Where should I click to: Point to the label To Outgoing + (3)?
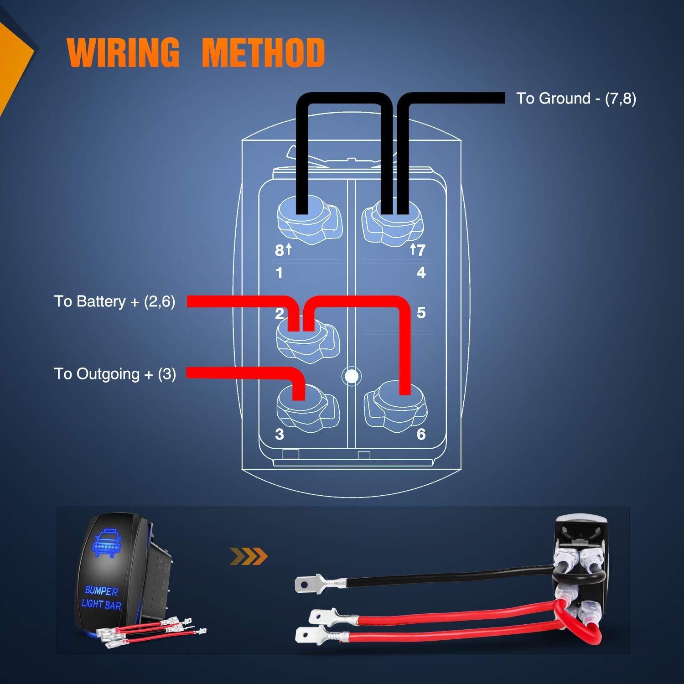(115, 374)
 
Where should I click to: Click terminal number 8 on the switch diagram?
(279, 250)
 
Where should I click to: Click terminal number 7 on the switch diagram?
(421, 250)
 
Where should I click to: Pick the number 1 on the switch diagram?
(279, 273)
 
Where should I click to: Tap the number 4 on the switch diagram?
(421, 273)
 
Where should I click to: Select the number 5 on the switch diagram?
(421, 313)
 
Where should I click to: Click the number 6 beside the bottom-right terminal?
(421, 434)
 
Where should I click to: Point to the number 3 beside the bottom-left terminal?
(279, 434)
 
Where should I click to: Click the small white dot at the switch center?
(351, 376)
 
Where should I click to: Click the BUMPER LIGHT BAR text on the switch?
(101, 598)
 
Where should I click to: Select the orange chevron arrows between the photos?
(249, 556)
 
